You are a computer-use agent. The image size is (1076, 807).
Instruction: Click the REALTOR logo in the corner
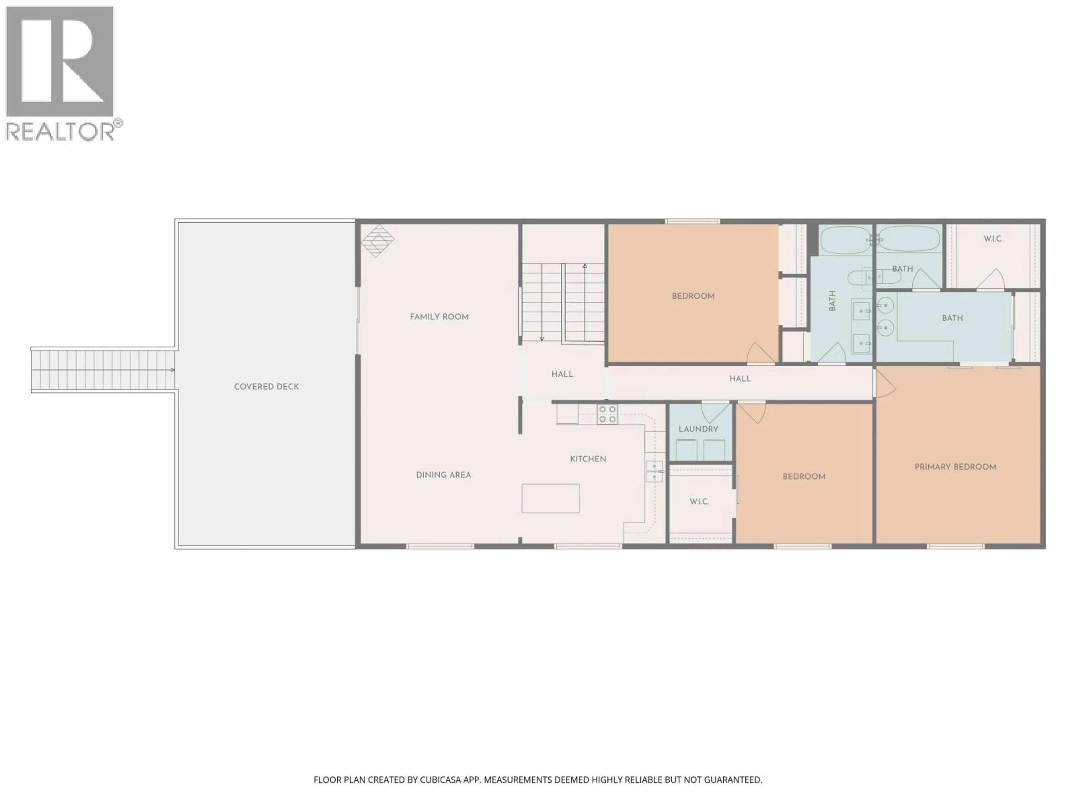click(61, 73)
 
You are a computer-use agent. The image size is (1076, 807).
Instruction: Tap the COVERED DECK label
click(266, 387)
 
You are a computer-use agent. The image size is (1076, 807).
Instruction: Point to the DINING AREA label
click(443, 475)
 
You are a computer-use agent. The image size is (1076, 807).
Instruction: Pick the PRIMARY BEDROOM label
click(955, 467)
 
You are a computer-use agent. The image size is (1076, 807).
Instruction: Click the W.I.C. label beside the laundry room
click(699, 502)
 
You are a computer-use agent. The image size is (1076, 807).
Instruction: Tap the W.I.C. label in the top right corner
click(993, 239)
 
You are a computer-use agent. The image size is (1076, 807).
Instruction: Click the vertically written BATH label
click(832, 301)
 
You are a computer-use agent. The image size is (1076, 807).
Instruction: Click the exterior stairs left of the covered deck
click(103, 370)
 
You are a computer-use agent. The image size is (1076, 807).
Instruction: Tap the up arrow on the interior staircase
click(585, 266)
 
